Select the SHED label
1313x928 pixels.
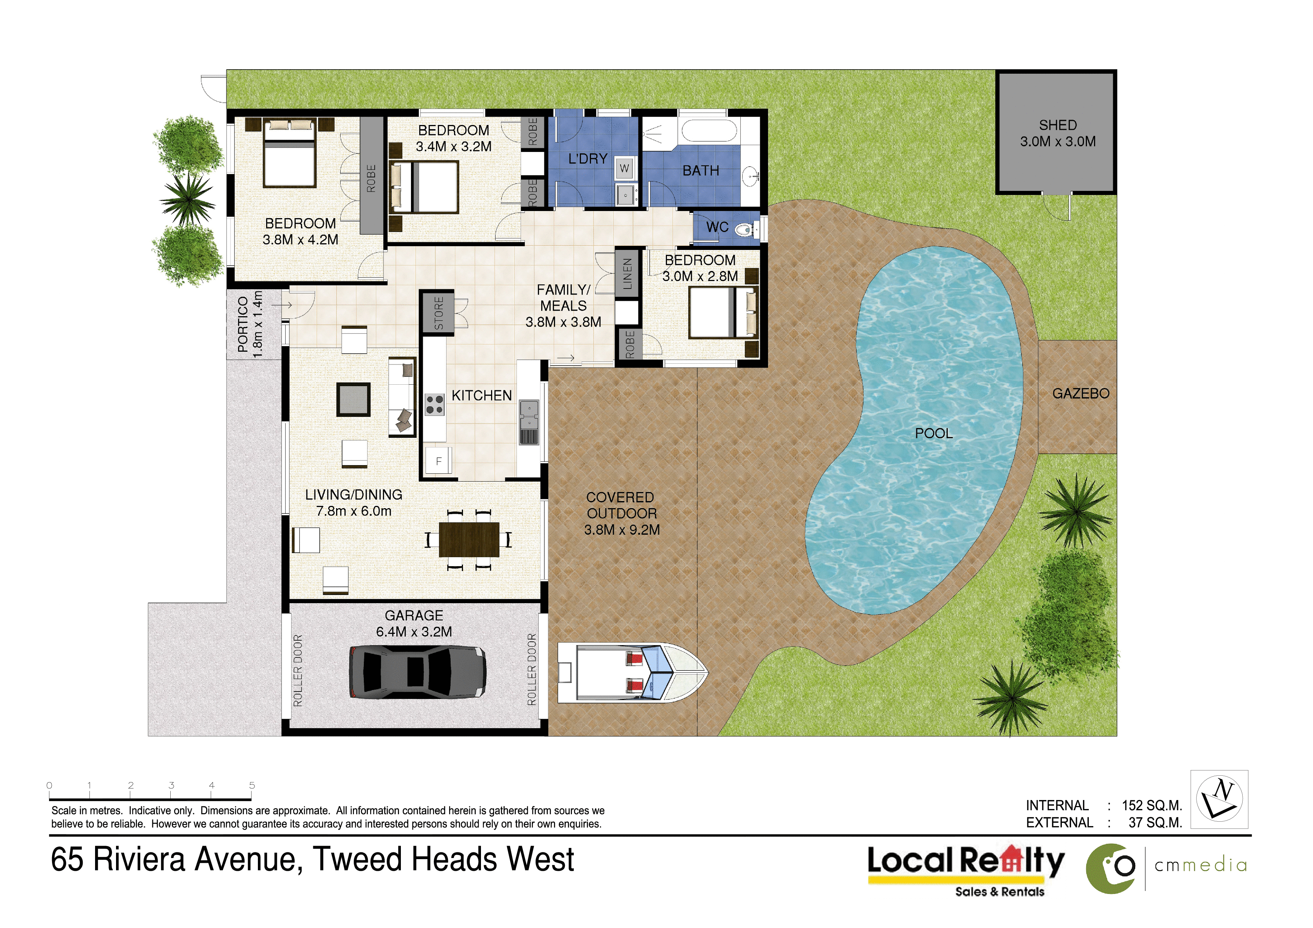tap(1058, 125)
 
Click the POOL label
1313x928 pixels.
tap(934, 433)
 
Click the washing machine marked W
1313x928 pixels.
tap(624, 168)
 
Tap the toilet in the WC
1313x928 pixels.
tap(744, 230)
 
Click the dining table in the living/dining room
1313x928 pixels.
tap(469, 539)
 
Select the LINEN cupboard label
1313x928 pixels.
tap(627, 273)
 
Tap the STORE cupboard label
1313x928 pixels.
tap(439, 313)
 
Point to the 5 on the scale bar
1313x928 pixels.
tap(252, 785)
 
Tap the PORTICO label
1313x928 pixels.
tap(243, 324)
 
